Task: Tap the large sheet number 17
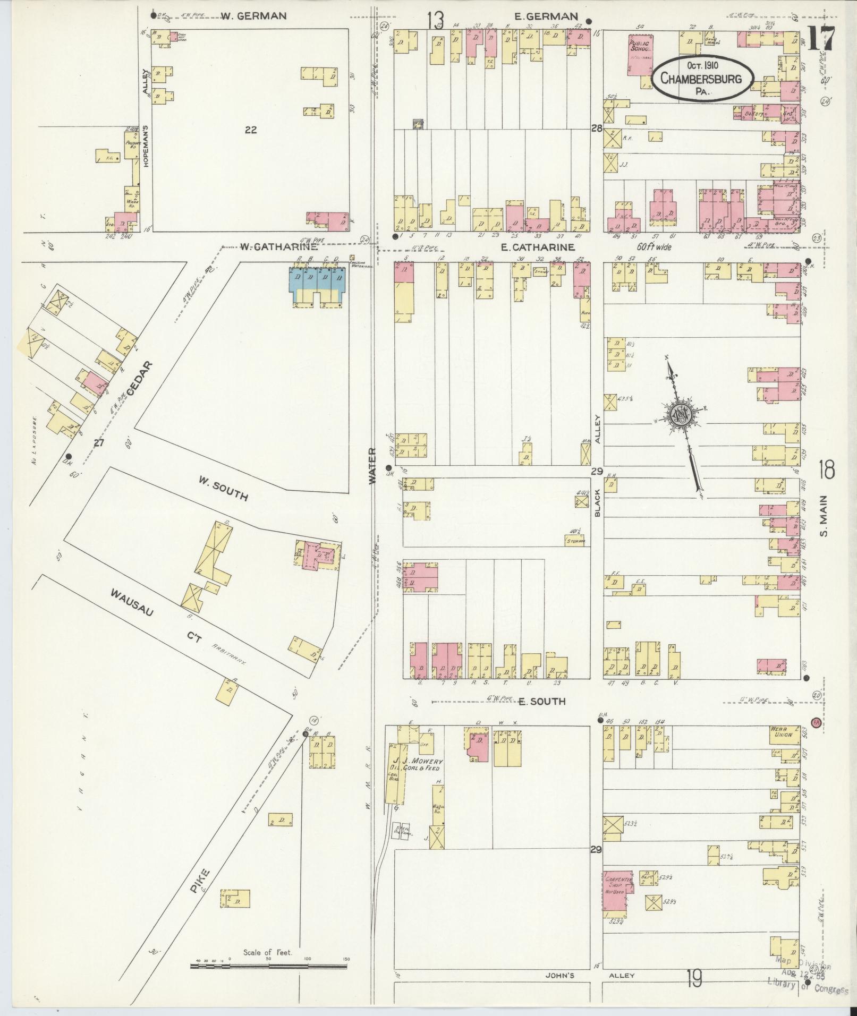tap(821, 39)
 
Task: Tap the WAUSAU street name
tap(132, 603)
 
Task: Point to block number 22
tap(251, 129)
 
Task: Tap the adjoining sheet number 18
tap(826, 469)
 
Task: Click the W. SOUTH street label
tap(223, 489)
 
